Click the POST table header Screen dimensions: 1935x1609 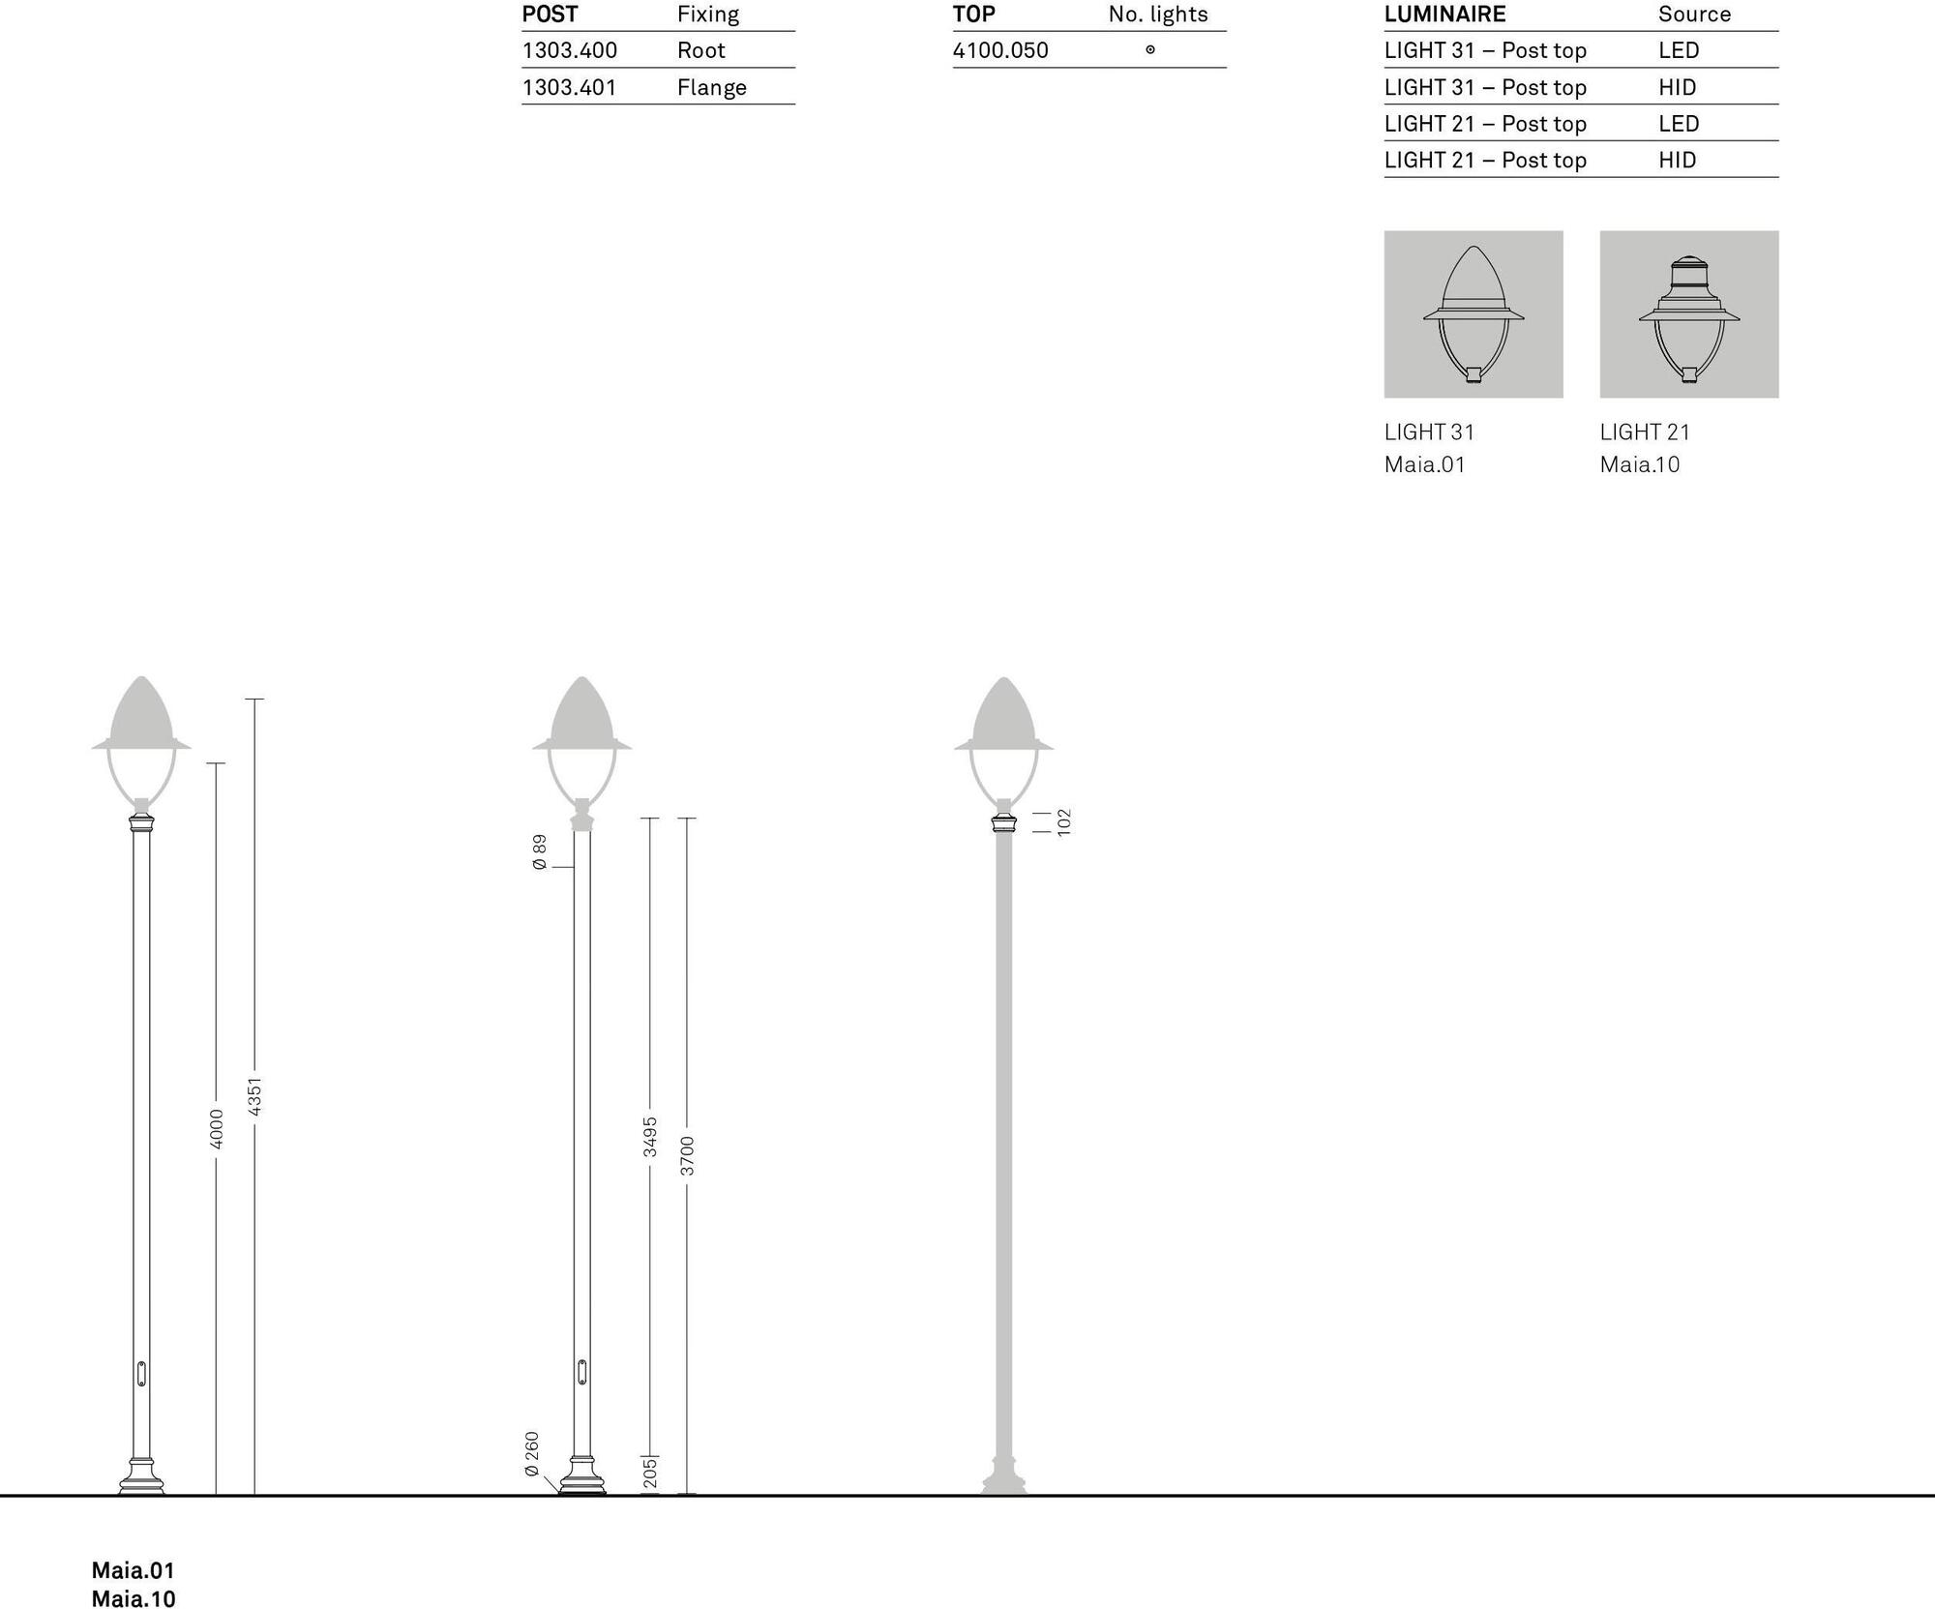[x=550, y=15]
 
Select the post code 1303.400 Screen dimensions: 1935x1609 [x=569, y=50]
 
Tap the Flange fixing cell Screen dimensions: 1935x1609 [x=712, y=87]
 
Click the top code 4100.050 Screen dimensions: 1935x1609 [x=1000, y=50]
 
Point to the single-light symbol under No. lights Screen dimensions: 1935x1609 [x=1150, y=50]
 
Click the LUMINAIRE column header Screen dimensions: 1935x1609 [x=1444, y=15]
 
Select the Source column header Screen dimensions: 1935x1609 [x=1694, y=15]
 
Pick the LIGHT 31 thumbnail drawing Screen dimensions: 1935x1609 [x=1474, y=314]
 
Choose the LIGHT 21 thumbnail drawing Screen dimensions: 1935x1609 [x=1689, y=318]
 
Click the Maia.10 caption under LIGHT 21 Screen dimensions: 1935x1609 [x=1640, y=464]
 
